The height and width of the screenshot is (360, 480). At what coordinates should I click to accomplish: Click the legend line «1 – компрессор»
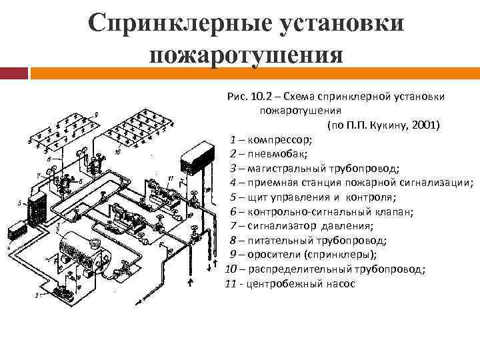271,140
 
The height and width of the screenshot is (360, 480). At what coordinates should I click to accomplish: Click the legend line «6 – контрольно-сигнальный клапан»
321,212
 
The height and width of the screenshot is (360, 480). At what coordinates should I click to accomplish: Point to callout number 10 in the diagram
117,152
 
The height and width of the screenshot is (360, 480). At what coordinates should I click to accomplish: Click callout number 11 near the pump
171,179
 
